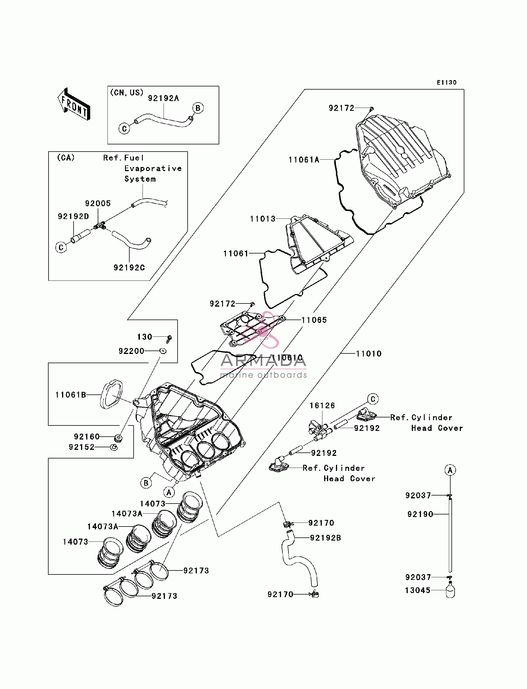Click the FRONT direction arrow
pyautogui.click(x=74, y=104)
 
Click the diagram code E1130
pyautogui.click(x=447, y=82)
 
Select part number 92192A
pyautogui.click(x=164, y=98)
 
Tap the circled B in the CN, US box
pyautogui.click(x=198, y=108)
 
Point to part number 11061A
pyautogui.click(x=304, y=160)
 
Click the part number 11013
pyautogui.click(x=263, y=219)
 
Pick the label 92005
pyautogui.click(x=98, y=203)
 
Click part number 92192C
pyautogui.click(x=129, y=268)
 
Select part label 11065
pyautogui.click(x=314, y=320)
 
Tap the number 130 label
pyautogui.click(x=145, y=337)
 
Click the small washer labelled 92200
pyautogui.click(x=163, y=351)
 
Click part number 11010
pyautogui.click(x=369, y=354)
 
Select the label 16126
pyautogui.click(x=322, y=405)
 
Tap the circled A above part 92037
pyautogui.click(x=450, y=470)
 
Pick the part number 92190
pyautogui.click(x=420, y=514)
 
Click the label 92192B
pyautogui.click(x=326, y=538)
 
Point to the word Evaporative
pyautogui.click(x=153, y=169)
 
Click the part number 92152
pyautogui.click(x=82, y=447)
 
